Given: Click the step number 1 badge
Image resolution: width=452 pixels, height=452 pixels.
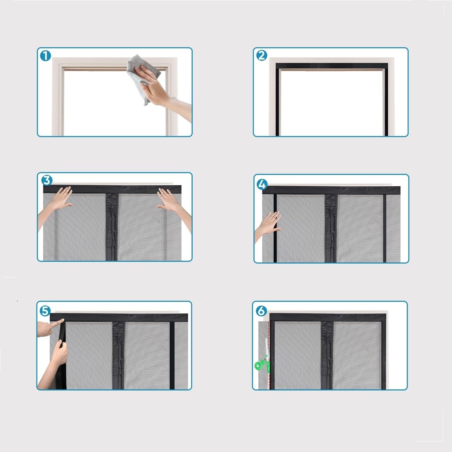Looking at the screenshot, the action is coord(46,56).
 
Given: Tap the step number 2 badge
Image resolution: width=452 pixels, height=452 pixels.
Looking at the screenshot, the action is coord(262,56).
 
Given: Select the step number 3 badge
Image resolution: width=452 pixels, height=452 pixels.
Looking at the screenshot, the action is coord(47,180).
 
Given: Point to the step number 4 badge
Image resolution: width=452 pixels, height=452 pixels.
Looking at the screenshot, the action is coord(262,184).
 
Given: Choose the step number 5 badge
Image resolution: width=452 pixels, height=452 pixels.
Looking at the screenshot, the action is coord(45,311).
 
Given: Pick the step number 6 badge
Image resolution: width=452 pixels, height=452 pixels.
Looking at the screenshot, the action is coord(261,311).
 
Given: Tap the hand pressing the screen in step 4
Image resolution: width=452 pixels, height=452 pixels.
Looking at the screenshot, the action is coord(268,225).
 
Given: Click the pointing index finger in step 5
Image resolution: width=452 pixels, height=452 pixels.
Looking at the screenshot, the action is coord(50,326).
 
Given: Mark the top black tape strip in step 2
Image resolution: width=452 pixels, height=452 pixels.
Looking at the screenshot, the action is coord(332,66).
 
